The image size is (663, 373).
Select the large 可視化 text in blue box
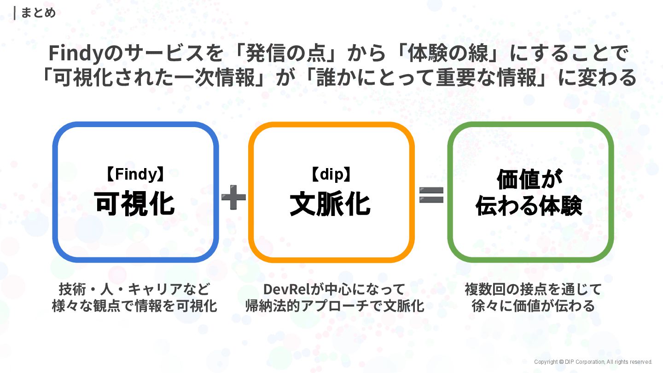[x=134, y=203]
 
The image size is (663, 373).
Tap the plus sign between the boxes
[x=233, y=197]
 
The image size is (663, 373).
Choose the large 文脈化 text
[x=331, y=204]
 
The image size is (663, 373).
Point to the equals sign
[x=431, y=195]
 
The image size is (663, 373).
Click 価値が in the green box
[x=530, y=180]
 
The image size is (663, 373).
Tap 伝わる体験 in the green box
[x=530, y=206]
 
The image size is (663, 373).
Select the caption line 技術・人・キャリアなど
[x=134, y=289]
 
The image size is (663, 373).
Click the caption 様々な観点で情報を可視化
[x=134, y=306]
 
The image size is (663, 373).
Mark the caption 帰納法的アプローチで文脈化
[x=335, y=306]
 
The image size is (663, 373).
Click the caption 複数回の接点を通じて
[x=533, y=289]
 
